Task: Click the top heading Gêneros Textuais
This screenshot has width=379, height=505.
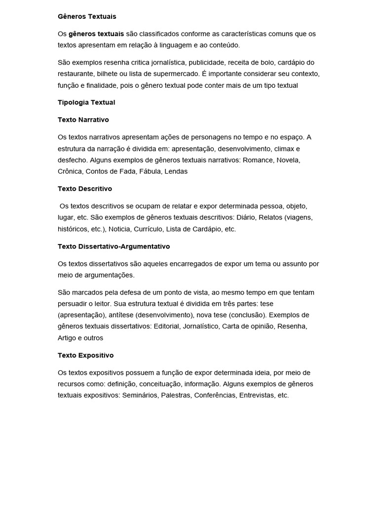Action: click(x=87, y=16)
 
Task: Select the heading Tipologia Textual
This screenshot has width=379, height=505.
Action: click(x=86, y=103)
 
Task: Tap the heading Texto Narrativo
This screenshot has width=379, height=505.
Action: click(x=83, y=120)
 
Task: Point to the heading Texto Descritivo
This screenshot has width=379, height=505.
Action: click(x=85, y=189)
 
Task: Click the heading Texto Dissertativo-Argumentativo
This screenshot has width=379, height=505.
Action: click(x=114, y=246)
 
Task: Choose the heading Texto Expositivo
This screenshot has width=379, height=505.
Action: click(x=85, y=355)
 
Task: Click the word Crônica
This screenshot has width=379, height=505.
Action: click(x=70, y=172)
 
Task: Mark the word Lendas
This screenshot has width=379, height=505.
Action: click(x=176, y=172)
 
